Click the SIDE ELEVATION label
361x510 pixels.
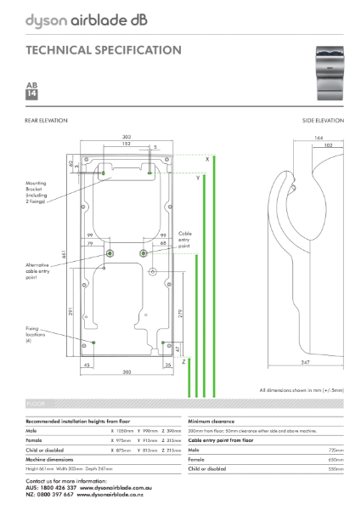324,122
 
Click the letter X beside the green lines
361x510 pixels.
206,159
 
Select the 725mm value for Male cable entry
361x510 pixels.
336,450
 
